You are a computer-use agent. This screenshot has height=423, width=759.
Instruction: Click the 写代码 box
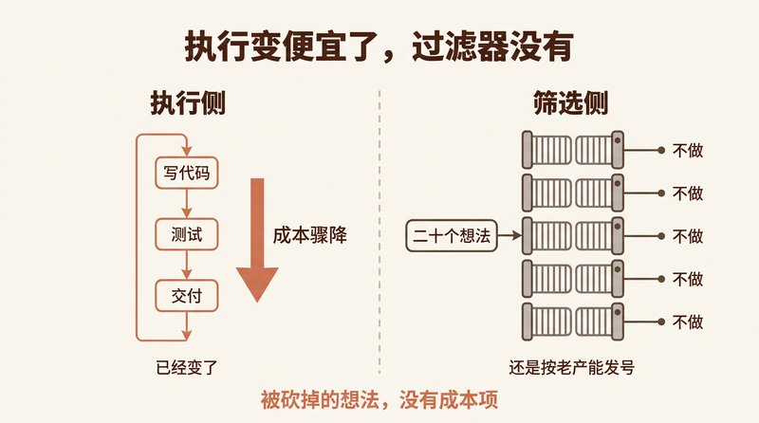186,173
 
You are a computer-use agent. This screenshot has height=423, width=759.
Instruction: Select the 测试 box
186,234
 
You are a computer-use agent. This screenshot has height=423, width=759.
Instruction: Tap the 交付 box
186,296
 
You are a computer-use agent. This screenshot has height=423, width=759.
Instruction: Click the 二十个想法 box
452,236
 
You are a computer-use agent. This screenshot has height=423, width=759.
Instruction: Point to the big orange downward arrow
257,240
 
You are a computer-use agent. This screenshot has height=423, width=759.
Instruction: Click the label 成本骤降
310,235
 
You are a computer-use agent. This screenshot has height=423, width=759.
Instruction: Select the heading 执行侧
188,103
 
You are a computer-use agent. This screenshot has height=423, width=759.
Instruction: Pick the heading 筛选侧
570,103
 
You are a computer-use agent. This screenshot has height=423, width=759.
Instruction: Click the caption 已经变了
187,368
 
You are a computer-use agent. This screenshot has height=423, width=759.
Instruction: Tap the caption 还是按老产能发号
571,368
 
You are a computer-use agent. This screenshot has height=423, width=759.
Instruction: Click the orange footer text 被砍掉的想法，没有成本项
379,400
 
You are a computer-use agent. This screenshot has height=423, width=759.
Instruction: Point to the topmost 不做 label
687,151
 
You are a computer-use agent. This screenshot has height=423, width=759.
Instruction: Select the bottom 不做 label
687,322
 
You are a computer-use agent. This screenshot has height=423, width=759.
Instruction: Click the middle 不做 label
687,236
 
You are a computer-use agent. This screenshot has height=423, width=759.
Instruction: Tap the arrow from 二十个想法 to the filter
509,236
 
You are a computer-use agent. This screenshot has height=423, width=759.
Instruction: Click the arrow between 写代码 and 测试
187,204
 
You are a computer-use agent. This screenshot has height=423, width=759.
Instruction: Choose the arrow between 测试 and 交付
187,266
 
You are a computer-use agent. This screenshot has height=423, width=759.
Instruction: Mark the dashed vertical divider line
379,231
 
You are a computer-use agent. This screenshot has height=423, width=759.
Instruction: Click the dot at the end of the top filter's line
661,151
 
